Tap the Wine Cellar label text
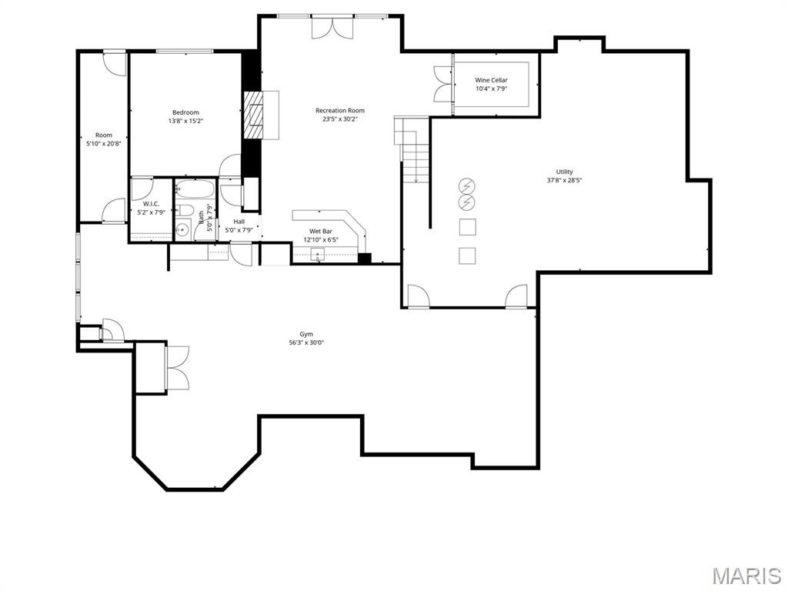[491, 80]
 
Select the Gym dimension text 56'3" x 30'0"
[306, 343]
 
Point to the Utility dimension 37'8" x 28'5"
[564, 181]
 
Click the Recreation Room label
[339, 110]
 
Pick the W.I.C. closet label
[151, 204]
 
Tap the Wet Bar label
[321, 231]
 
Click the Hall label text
[239, 222]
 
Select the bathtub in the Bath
[194, 189]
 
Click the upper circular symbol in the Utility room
[467, 185]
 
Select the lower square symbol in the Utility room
[467, 255]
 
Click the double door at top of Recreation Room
[332, 27]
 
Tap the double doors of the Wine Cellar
[444, 85]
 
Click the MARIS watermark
[746, 576]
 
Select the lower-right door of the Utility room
[517, 296]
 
